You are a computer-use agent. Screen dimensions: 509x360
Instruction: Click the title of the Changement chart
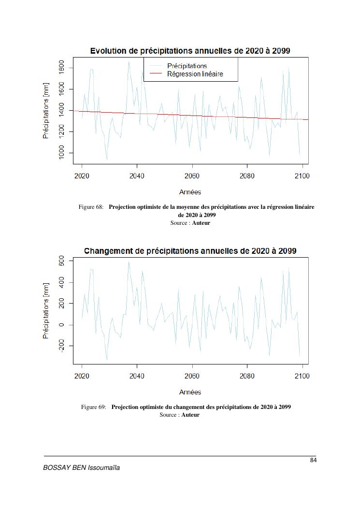click(x=190, y=251)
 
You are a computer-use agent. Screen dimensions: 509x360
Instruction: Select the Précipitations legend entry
click(x=187, y=66)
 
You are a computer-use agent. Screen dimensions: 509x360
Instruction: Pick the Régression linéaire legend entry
click(x=195, y=74)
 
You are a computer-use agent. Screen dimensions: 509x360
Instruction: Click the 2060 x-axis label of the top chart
click(x=192, y=176)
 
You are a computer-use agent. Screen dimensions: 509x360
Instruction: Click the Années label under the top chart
click(x=190, y=192)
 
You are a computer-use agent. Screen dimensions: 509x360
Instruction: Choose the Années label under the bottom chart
click(x=190, y=392)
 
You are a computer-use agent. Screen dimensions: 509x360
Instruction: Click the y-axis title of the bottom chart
click(x=46, y=311)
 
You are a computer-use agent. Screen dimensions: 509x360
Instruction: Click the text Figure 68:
click(x=91, y=207)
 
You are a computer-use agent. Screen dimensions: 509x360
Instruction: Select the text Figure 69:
click(x=93, y=407)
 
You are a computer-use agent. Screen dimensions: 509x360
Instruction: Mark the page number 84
click(x=313, y=460)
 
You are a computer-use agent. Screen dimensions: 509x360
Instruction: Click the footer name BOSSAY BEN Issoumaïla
click(x=82, y=468)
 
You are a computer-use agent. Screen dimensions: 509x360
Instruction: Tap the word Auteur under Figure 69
click(x=190, y=415)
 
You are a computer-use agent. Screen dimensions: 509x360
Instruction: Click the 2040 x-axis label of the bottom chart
click(x=137, y=376)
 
